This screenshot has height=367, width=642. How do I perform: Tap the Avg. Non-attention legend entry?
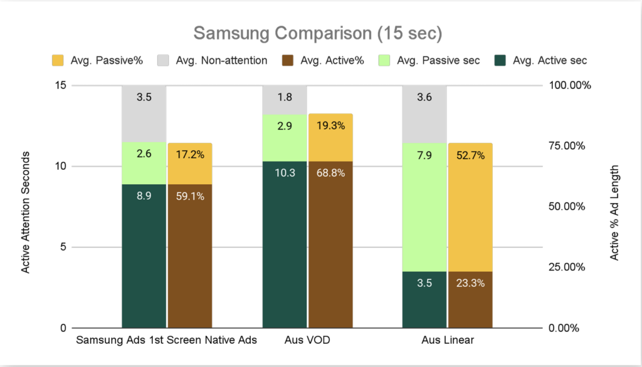coord(210,61)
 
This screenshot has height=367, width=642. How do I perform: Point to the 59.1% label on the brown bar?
coord(189,196)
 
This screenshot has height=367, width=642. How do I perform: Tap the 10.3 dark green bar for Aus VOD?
coord(285,244)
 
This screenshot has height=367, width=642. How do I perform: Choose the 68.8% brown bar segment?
coord(330,244)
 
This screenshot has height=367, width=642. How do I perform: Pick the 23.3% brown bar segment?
coord(470,299)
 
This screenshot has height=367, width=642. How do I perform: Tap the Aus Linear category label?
coord(448,341)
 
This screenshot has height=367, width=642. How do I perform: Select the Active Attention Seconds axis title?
coord(26,206)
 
